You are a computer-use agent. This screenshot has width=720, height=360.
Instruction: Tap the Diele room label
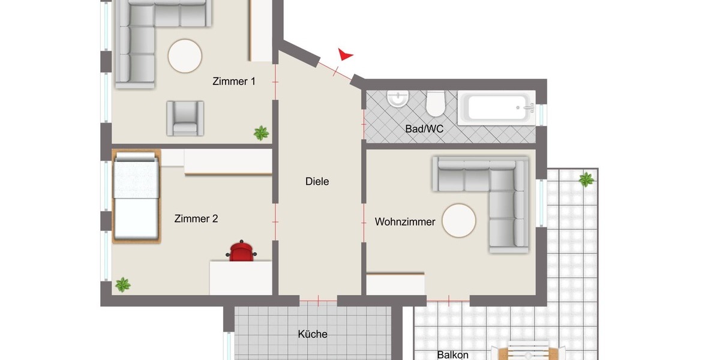coord(317,181)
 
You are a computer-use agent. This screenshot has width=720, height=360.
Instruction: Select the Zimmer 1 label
coord(234,82)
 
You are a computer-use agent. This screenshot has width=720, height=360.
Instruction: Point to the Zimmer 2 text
coord(196,219)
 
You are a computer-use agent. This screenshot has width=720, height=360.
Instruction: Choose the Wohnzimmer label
coord(405,222)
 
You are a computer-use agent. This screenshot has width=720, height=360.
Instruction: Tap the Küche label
coord(313,334)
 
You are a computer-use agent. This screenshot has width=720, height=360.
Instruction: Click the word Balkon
coord(452,355)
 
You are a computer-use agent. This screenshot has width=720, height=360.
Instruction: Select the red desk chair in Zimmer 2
coord(242,252)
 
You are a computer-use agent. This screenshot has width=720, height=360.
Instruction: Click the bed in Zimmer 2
coord(136,197)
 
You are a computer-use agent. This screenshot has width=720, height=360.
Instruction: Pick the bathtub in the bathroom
coord(496,108)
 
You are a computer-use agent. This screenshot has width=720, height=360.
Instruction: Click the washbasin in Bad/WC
coord(398,98)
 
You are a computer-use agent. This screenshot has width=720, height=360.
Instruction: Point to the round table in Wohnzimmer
coord(459,220)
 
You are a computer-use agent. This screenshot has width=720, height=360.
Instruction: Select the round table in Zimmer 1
coord(185,56)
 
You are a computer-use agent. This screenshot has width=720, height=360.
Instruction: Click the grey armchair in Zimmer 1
coord(185,118)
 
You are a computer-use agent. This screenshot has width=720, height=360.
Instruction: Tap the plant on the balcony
coord(586,179)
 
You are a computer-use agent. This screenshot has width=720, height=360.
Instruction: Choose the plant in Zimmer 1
coord(261,133)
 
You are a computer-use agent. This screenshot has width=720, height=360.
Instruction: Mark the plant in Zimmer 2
coord(123,284)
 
